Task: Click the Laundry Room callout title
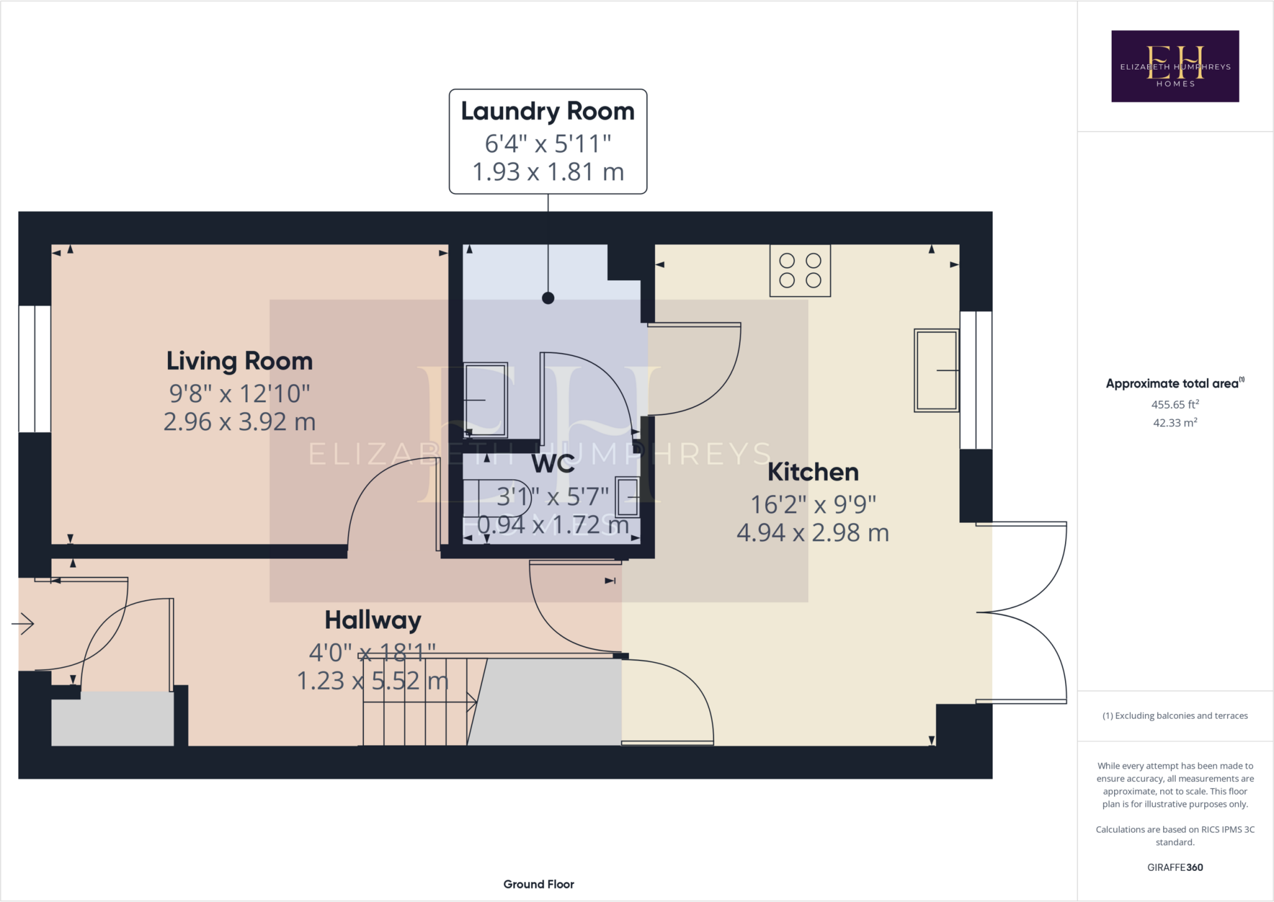click(x=547, y=111)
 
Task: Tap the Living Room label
click(x=239, y=361)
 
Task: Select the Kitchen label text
click(x=813, y=472)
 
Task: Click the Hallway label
click(x=373, y=620)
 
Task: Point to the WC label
click(x=553, y=464)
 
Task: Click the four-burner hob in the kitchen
click(x=800, y=271)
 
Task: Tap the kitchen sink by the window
click(x=936, y=370)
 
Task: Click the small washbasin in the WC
click(x=628, y=497)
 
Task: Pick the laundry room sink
click(x=486, y=400)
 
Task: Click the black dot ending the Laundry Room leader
click(x=548, y=298)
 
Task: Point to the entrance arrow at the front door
click(x=23, y=623)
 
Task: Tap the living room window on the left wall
click(x=34, y=369)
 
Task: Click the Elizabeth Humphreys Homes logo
click(x=1175, y=66)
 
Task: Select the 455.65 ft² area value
click(x=1175, y=405)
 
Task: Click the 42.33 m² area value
click(x=1175, y=423)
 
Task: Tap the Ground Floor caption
click(x=539, y=884)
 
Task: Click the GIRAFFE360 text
click(x=1175, y=867)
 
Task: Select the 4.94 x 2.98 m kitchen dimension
click(x=813, y=533)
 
